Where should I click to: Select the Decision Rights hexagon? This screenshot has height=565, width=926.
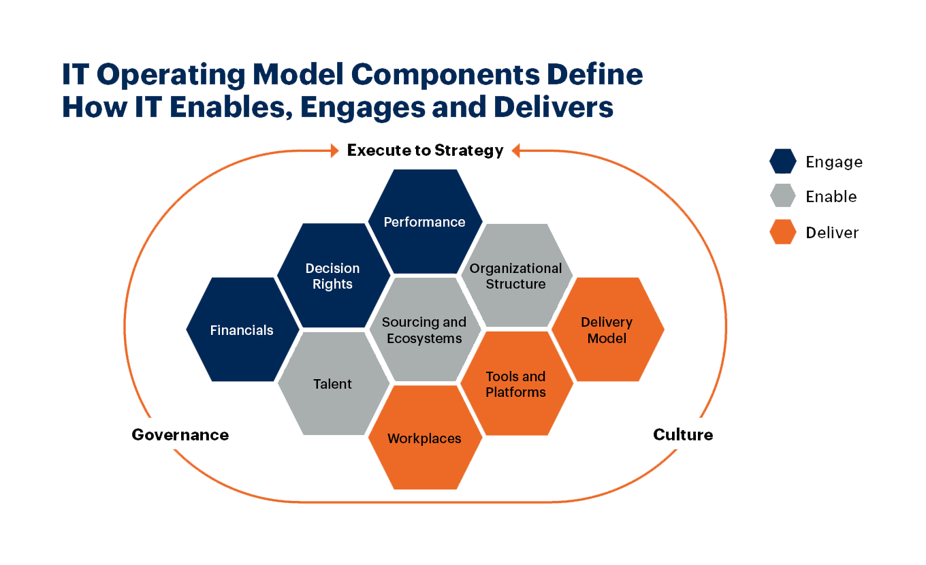click(333, 276)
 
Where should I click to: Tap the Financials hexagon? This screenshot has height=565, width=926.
click(242, 330)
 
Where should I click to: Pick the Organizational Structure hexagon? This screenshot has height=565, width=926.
click(516, 276)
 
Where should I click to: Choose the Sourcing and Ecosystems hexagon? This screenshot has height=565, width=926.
click(424, 330)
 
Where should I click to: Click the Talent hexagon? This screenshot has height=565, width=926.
click(333, 384)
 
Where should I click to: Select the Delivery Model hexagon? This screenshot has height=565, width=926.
click(607, 330)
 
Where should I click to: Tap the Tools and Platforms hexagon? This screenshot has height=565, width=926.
click(516, 384)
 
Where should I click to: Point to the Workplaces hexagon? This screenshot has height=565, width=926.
click(425, 438)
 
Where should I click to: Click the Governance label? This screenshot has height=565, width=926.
click(180, 434)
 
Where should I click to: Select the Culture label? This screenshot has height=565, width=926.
click(683, 434)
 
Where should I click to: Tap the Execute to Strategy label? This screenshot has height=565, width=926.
click(426, 150)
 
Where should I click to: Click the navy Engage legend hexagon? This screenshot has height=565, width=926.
click(783, 162)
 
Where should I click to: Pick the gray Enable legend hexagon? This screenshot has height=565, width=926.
click(783, 197)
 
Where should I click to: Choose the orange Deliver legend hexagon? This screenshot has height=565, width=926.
click(783, 232)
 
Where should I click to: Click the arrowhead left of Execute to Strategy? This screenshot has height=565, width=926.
click(334, 150)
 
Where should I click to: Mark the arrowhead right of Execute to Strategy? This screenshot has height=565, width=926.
click(516, 150)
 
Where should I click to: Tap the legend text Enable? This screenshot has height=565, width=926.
click(831, 197)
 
